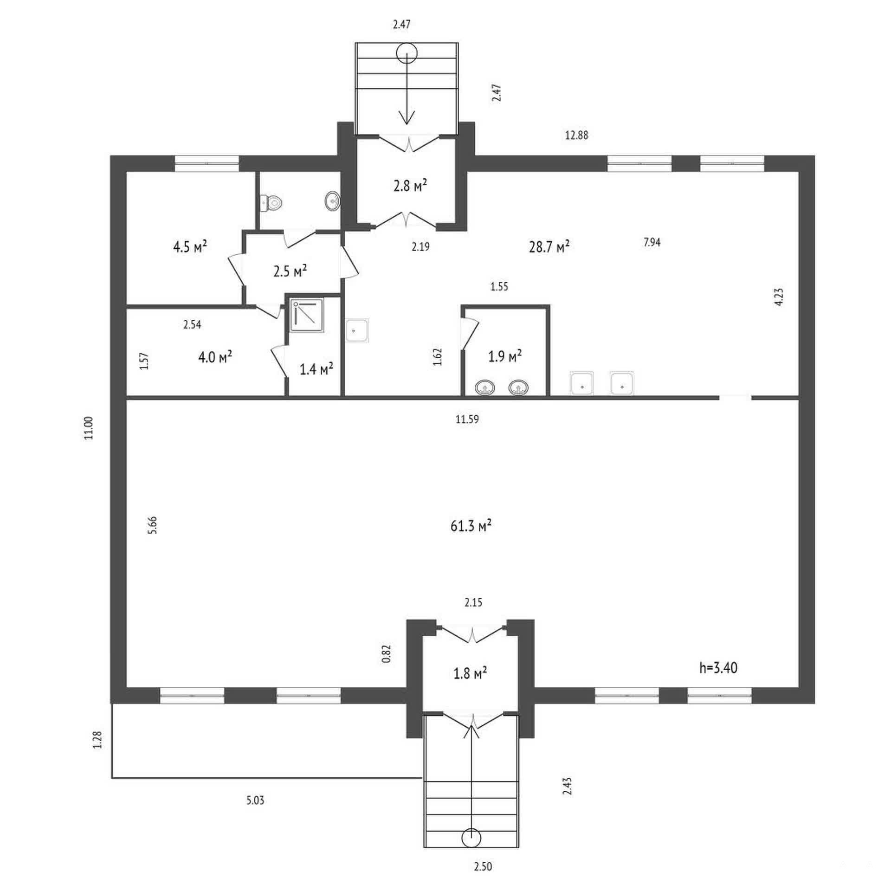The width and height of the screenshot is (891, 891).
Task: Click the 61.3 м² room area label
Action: tap(471, 526)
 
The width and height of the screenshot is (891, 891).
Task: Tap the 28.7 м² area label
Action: tap(549, 246)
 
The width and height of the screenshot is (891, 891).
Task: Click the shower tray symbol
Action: tap(306, 316)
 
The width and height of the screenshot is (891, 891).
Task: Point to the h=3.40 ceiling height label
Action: tap(718, 668)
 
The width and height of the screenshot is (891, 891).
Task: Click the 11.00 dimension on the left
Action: tap(89, 428)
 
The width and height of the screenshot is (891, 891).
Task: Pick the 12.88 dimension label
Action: tap(576, 135)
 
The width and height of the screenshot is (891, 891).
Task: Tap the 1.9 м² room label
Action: tap(505, 356)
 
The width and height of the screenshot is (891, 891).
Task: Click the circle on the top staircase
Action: tap(407, 53)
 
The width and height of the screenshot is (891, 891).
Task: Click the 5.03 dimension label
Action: tap(255, 800)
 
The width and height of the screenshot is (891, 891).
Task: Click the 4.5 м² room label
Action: tap(190, 246)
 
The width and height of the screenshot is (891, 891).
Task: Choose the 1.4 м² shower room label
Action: tap(316, 369)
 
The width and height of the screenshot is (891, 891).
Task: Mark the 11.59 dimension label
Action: tap(467, 420)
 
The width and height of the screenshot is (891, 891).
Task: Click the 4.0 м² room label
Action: tap(215, 357)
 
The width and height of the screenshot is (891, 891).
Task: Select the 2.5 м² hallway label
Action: tap(290, 271)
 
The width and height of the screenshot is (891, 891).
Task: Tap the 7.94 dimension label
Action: tap(652, 242)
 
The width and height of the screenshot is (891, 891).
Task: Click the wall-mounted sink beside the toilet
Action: tap(332, 201)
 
